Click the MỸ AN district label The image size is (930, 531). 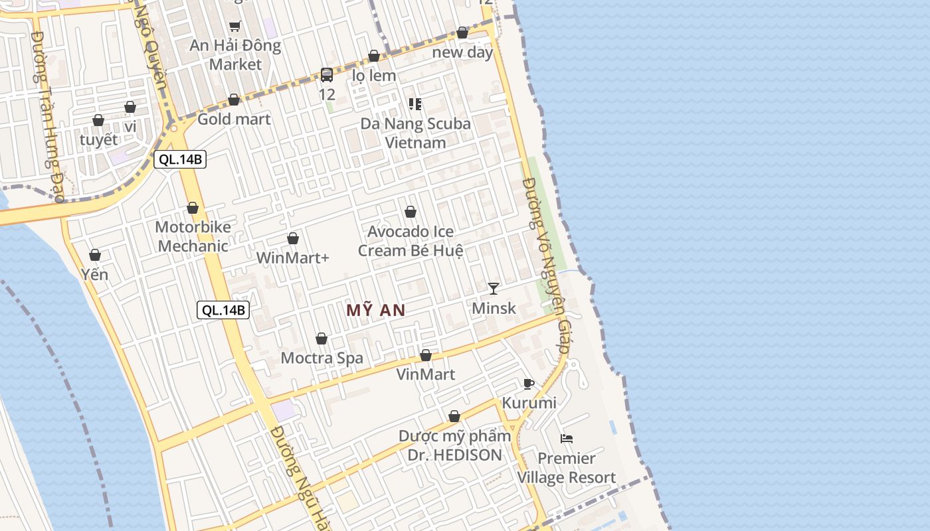click(x=376, y=310)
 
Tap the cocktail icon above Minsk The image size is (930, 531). click(x=494, y=288)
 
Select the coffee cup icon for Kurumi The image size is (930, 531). click(x=529, y=384)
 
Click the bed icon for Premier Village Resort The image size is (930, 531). click(x=567, y=438)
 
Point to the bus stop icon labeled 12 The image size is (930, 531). click(x=327, y=75)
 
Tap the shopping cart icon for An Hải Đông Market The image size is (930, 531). click(x=234, y=27)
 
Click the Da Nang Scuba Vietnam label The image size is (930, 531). click(x=415, y=133)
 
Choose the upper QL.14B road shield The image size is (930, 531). click(x=180, y=159)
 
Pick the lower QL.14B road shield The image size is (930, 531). click(x=223, y=310)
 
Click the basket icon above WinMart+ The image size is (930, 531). click(x=293, y=238)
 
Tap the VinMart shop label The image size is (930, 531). click(x=426, y=374)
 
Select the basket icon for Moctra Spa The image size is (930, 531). click(x=322, y=339)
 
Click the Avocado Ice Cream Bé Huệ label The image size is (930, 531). click(x=411, y=241)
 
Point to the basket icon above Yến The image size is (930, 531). click(x=95, y=255)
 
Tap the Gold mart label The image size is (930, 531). click(x=234, y=119)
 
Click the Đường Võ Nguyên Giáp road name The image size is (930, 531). click(x=547, y=265)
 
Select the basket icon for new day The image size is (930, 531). click(x=462, y=33)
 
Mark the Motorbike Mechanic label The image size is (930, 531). click(x=193, y=236)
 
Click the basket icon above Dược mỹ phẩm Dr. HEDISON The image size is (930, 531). click(x=454, y=416)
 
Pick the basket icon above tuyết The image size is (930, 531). click(x=98, y=120)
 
